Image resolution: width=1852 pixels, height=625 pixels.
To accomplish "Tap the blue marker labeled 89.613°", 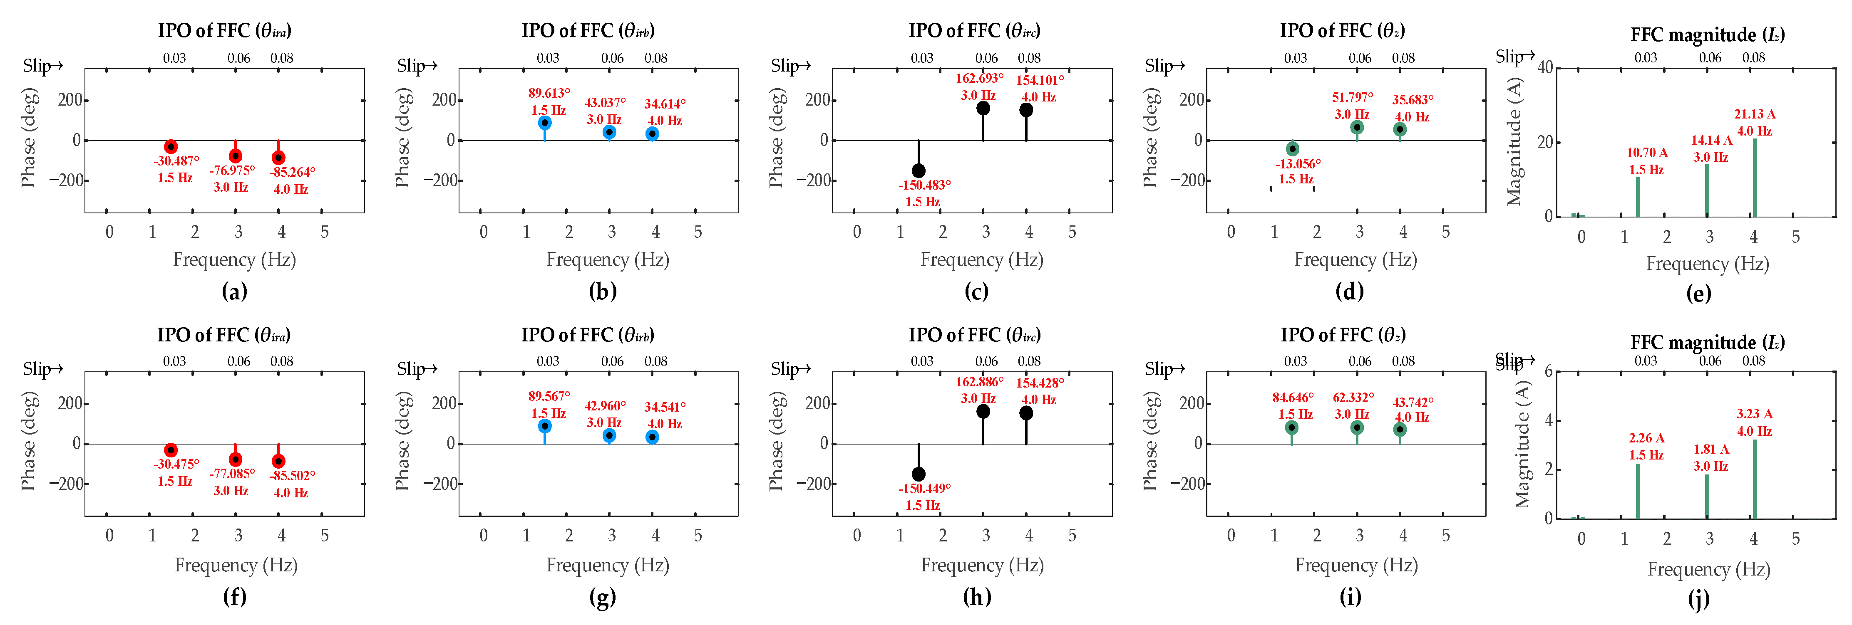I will point(545,123).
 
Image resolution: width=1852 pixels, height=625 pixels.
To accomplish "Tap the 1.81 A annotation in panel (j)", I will point(1711,450).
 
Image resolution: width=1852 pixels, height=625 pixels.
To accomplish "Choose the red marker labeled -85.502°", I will point(278,461).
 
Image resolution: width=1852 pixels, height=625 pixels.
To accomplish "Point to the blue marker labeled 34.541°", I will point(652,437).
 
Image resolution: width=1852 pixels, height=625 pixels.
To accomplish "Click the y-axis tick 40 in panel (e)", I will point(1545,67).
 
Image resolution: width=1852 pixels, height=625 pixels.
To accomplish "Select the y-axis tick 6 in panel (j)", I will point(1548,371).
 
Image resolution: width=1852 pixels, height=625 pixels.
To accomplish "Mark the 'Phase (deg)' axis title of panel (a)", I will point(29,138).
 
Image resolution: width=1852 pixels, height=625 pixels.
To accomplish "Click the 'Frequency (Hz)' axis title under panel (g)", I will point(608,566).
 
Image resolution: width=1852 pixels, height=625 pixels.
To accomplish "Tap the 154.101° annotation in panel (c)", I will point(1040,80).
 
